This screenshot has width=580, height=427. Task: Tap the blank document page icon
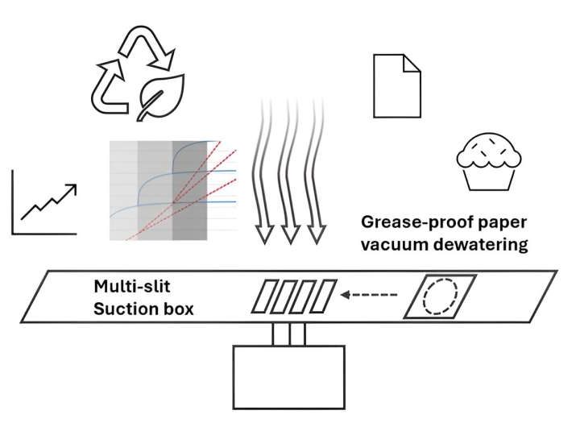coord(396,85)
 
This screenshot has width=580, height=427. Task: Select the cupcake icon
coord(485,161)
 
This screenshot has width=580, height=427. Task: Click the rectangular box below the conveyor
coord(288,377)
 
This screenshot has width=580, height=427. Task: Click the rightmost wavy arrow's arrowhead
coord(317,234)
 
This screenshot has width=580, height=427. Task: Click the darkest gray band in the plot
coord(190,190)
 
